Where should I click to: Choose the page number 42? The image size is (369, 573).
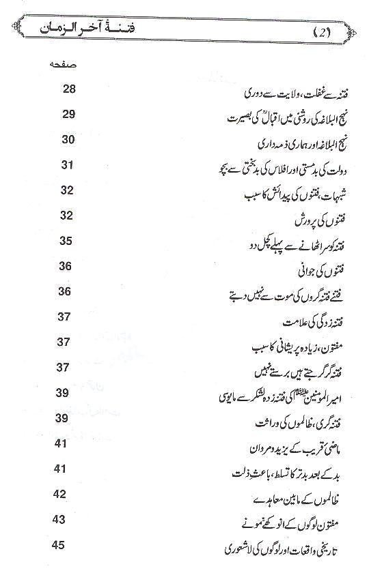[x=60, y=494]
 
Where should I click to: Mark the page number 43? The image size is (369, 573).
[x=60, y=519]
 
